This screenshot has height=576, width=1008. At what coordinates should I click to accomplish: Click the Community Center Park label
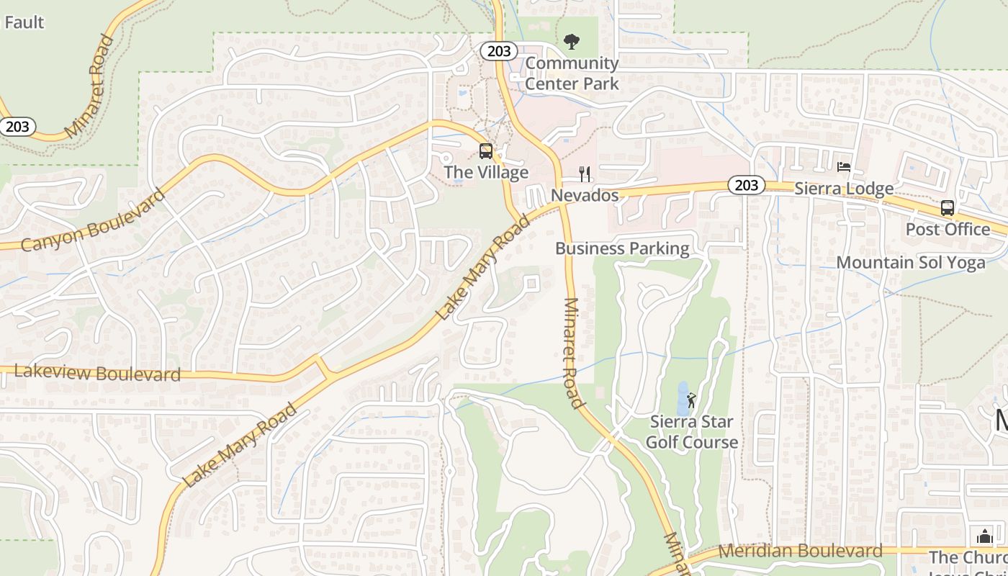point(572,73)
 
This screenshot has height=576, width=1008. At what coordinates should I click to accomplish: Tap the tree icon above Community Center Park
point(572,42)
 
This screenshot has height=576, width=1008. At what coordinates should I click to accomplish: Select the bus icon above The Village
point(486,151)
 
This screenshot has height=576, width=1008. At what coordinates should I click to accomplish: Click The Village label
point(486,173)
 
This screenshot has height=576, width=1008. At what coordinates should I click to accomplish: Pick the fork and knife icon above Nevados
point(585,174)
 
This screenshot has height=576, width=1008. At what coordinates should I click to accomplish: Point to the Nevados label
point(585,196)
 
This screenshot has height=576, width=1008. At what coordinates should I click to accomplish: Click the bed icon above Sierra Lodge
point(844,168)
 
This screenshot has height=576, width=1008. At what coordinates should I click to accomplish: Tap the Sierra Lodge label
point(844,189)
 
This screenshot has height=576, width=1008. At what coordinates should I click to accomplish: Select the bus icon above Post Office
point(948,208)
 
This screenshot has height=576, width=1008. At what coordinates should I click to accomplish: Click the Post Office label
point(948,230)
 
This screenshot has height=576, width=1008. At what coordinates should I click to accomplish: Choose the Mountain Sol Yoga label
point(911,263)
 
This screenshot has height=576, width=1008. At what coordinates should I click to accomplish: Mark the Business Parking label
point(622,249)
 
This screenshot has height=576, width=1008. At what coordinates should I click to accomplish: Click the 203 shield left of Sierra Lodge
point(746,186)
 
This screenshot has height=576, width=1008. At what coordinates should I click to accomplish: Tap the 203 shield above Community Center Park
point(498,51)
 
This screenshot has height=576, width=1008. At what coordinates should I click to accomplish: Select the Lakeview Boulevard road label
point(97,373)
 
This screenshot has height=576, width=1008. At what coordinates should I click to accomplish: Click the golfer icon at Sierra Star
point(692,400)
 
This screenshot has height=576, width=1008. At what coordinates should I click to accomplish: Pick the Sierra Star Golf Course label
point(692,432)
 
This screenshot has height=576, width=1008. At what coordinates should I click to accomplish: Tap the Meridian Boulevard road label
point(801,552)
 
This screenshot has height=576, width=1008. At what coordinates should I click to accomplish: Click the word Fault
point(24,22)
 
